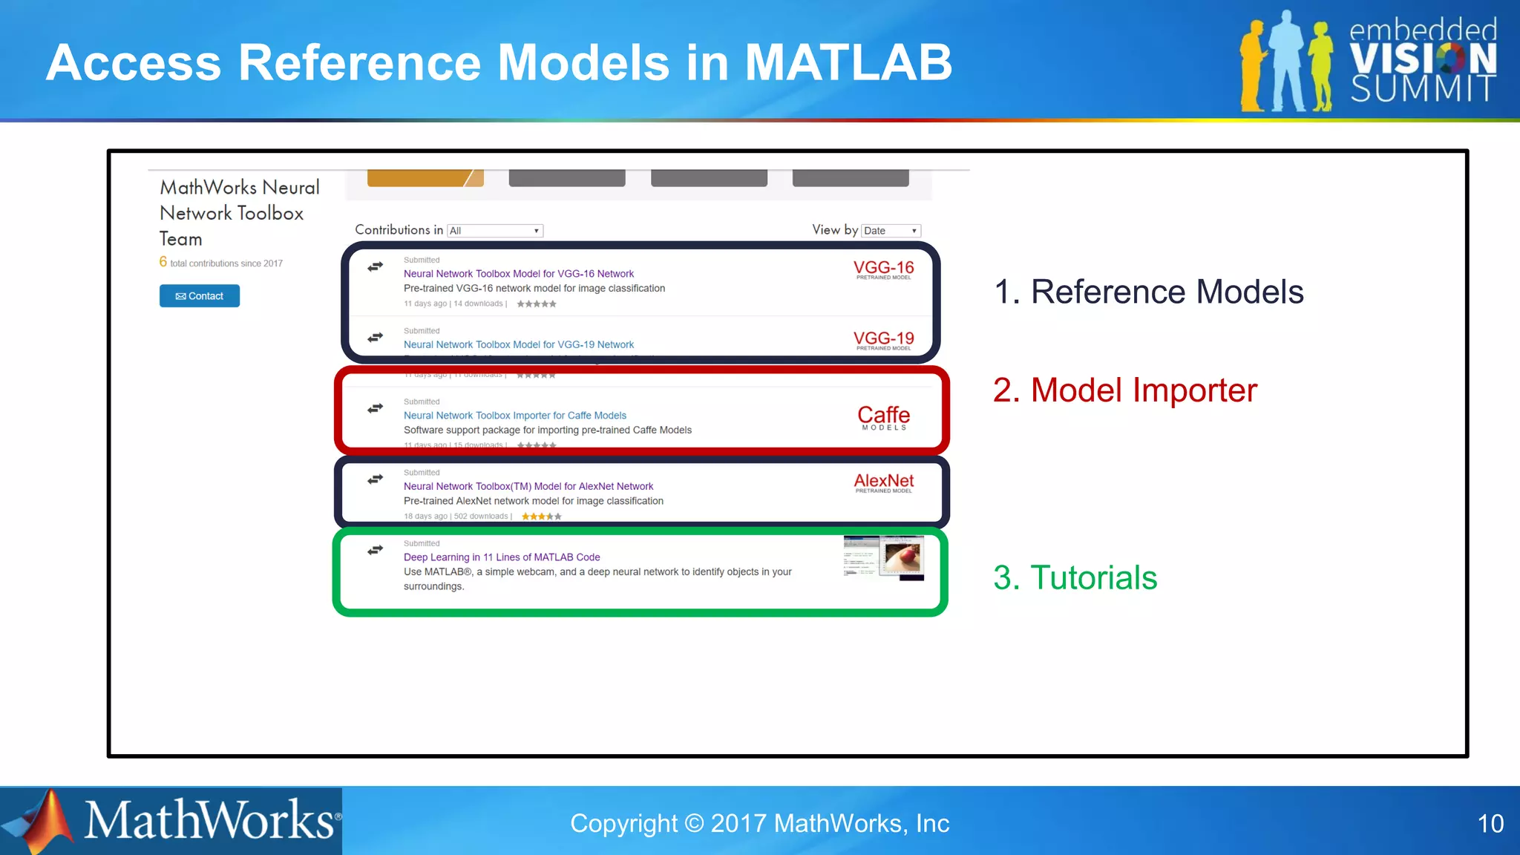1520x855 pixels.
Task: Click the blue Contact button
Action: [199, 296]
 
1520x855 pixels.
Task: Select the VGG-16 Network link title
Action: [518, 274]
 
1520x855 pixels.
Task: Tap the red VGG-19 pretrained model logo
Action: [883, 340]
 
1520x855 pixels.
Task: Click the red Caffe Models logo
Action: [883, 416]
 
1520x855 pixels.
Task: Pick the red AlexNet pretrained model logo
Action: [883, 482]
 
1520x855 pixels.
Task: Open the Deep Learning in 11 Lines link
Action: [502, 557]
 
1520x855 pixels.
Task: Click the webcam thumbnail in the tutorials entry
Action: [883, 557]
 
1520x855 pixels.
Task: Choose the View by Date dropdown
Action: [891, 231]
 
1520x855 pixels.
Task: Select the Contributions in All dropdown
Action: [495, 231]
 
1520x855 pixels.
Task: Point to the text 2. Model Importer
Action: [1124, 390]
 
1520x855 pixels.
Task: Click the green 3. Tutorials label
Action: [1075, 577]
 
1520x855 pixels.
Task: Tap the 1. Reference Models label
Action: [1148, 292]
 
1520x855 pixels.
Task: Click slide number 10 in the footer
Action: [1490, 823]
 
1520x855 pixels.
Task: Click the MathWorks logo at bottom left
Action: [171, 821]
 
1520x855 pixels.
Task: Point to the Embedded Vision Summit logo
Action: [1369, 61]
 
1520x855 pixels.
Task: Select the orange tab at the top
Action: [425, 178]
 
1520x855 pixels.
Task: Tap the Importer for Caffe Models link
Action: [514, 416]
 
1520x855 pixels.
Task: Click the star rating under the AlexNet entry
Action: [541, 517]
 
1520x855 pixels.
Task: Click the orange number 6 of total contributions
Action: [163, 262]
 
